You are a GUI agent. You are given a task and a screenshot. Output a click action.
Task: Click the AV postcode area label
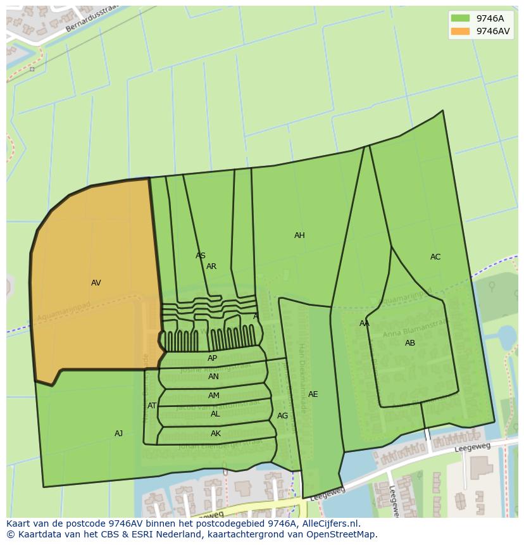tap(96, 283)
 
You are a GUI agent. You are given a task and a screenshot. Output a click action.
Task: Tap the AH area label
tap(299, 235)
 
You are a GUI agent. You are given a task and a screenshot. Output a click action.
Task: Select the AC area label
tap(435, 257)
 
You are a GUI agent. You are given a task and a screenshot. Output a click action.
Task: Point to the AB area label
tap(410, 343)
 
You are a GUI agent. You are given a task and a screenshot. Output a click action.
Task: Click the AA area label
tap(365, 323)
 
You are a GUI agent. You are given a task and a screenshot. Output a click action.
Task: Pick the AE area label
tap(313, 394)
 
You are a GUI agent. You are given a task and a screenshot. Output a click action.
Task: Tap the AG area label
tap(282, 416)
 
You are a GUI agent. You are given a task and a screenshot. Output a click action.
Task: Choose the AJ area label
tap(118, 434)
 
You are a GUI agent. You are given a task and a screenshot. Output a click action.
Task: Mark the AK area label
tap(216, 434)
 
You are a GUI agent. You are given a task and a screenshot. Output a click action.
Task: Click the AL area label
tap(215, 414)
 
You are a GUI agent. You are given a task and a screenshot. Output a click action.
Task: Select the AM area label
tap(214, 396)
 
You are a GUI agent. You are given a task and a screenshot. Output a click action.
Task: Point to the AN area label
tap(213, 377)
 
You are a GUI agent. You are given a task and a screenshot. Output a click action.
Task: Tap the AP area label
tap(213, 358)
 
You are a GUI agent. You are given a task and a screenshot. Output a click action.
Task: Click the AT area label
tap(152, 406)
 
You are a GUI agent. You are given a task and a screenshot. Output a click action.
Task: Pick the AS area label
tap(201, 256)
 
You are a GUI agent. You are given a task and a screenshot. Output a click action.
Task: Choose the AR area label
tap(211, 266)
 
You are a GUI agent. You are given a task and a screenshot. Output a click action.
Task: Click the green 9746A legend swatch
tap(460, 18)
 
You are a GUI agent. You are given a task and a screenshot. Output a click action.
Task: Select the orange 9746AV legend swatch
tap(460, 31)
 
